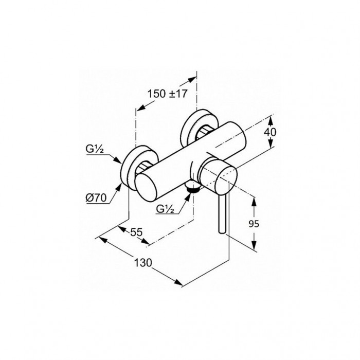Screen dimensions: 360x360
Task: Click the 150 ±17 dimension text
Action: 167,94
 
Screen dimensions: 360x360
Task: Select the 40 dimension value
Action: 270,132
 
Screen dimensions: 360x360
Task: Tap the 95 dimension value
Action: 254,224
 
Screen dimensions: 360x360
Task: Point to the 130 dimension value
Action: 143,263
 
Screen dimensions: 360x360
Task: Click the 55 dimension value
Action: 137,232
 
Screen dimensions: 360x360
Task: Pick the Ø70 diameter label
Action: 96,197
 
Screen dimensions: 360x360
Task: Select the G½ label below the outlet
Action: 165,209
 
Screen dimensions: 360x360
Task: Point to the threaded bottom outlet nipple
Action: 193,187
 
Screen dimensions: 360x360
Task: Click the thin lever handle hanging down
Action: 222,213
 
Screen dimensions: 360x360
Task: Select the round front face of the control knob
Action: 226,180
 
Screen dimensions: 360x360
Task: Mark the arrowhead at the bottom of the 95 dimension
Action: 254,245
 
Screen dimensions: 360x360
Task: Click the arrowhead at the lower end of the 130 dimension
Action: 179,282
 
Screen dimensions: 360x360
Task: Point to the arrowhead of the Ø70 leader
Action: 119,187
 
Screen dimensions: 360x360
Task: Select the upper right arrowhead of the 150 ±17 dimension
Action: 192,79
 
